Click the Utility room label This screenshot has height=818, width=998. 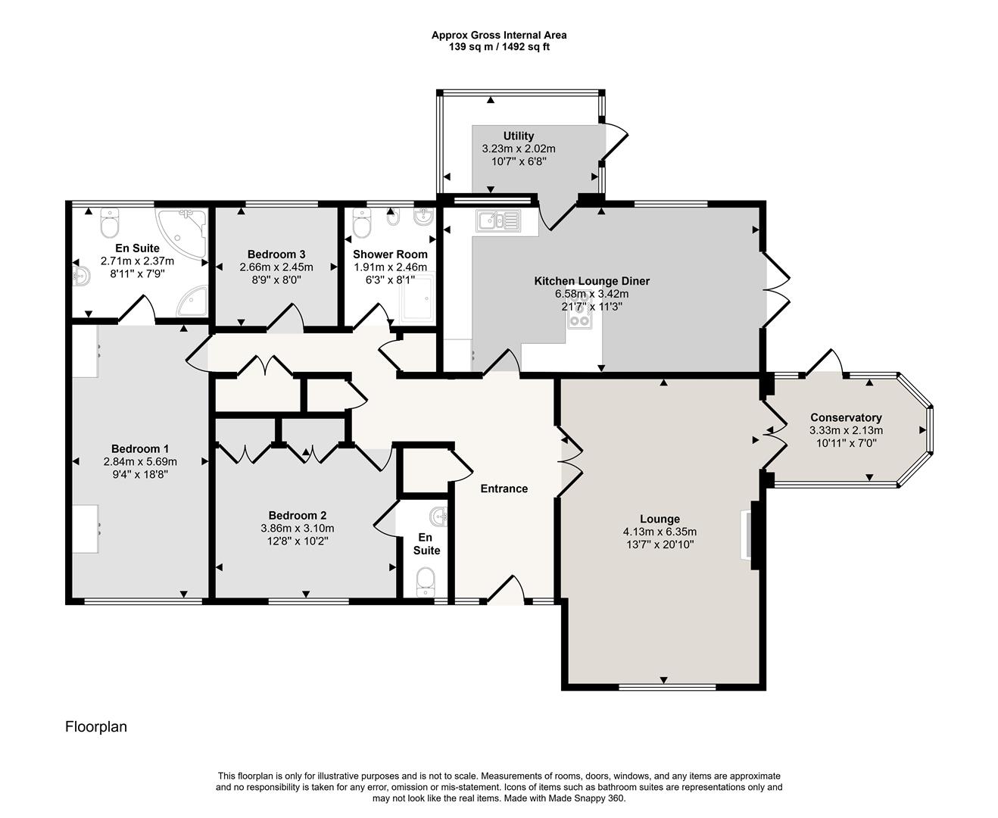click(x=519, y=136)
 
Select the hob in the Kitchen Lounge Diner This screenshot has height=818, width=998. click(x=580, y=320)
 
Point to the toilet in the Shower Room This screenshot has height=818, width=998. click(x=363, y=223)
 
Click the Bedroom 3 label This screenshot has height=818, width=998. click(x=276, y=254)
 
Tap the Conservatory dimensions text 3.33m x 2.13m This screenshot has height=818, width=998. click(x=846, y=430)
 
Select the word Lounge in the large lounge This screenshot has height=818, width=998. click(x=659, y=519)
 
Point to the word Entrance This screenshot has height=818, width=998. click(x=504, y=489)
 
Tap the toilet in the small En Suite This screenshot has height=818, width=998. click(x=426, y=582)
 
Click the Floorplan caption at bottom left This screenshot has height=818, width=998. click(x=96, y=727)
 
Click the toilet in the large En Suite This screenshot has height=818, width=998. click(x=110, y=223)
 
